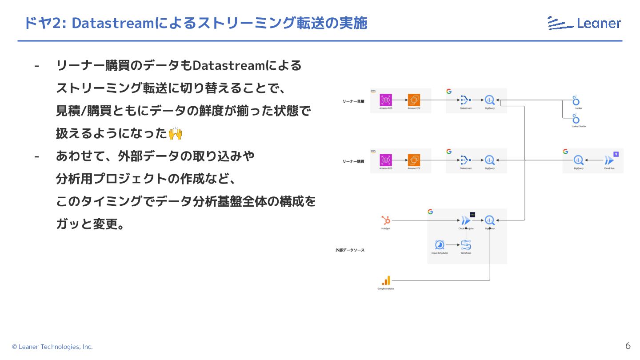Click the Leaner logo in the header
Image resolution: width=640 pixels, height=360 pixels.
tap(584, 23)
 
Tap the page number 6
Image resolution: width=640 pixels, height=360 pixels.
tap(628, 346)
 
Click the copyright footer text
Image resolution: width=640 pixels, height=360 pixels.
tap(52, 347)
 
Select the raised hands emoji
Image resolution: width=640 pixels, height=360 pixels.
tap(176, 133)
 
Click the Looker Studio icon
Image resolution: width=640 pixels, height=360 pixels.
tap(576, 119)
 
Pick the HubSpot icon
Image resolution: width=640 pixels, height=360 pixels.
tap(385, 220)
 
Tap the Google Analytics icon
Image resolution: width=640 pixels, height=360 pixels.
tap(386, 280)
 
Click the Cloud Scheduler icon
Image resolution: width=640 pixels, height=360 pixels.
tap(440, 245)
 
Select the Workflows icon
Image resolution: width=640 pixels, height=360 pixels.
tap(466, 245)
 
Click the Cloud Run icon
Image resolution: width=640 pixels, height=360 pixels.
tap(609, 160)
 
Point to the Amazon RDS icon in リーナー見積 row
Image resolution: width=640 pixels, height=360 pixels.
tap(385, 100)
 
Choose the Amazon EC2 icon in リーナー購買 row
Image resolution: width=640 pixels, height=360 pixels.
tap(414, 160)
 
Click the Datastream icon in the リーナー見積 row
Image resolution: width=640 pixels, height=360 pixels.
tap(465, 100)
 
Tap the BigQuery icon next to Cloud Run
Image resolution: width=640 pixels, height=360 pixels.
tap(579, 160)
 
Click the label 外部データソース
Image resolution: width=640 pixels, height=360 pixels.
tap(350, 250)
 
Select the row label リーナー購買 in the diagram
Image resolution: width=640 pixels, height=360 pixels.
tap(353, 161)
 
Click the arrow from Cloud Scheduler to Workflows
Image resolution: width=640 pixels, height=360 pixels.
tap(452, 245)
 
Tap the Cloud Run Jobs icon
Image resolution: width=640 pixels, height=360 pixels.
tap(466, 220)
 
